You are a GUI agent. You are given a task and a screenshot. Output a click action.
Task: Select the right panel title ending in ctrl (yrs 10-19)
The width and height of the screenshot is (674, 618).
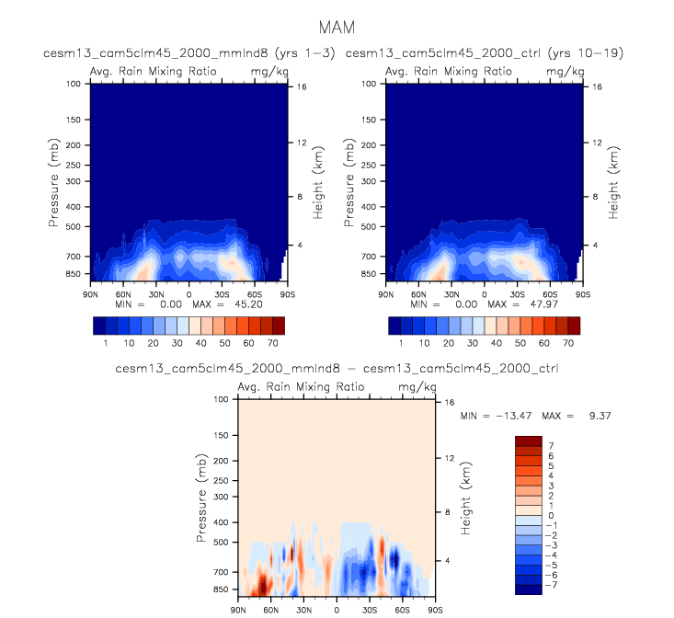point(485,53)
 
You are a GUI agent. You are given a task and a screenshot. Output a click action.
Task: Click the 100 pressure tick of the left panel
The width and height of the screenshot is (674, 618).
point(74,85)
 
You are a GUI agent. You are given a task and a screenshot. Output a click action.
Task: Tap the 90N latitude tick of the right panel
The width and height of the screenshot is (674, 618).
point(385,294)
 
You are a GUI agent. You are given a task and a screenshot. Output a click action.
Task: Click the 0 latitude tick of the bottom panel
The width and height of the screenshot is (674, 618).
point(337,610)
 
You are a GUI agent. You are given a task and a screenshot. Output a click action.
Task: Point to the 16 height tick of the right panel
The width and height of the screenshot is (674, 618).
point(596,86)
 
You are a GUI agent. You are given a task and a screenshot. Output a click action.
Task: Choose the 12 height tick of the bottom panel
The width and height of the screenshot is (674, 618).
point(449,457)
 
